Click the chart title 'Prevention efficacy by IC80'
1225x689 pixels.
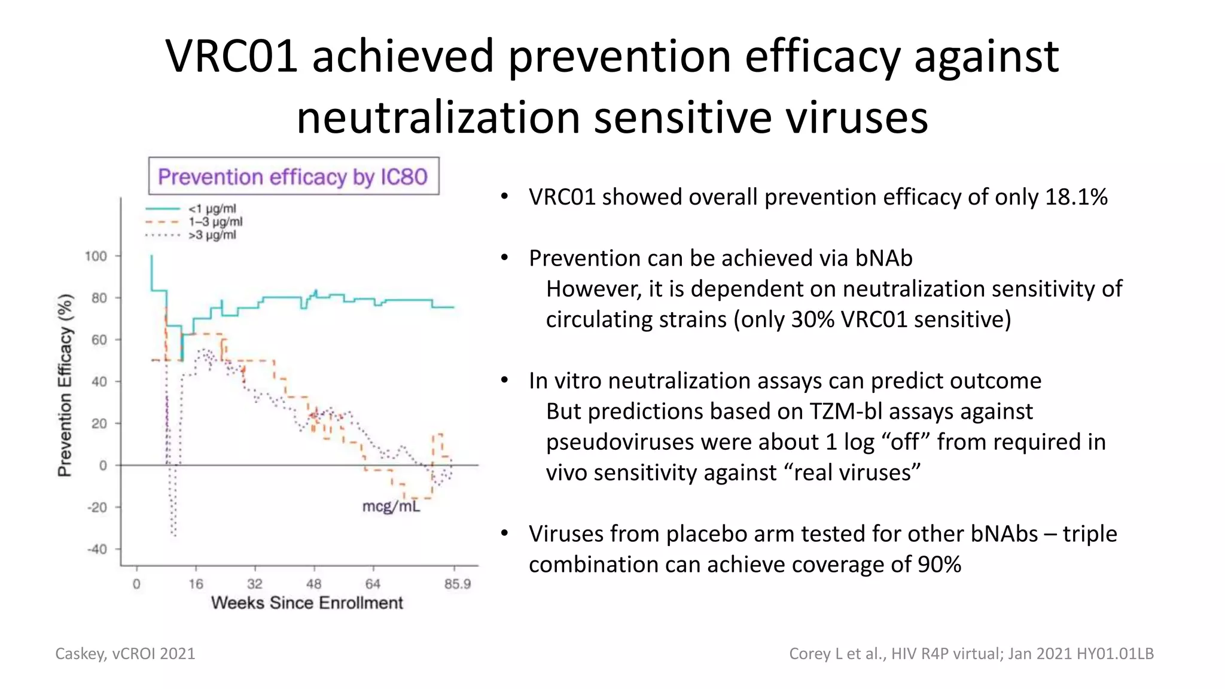click(293, 177)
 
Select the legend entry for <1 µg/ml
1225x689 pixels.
click(212, 209)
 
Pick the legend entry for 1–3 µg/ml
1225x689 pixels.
click(215, 222)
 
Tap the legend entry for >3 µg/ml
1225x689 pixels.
click(212, 235)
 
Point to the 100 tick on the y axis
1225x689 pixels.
click(96, 256)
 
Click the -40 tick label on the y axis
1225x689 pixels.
click(97, 549)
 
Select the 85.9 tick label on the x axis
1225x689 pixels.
click(458, 584)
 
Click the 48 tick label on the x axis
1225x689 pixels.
click(314, 584)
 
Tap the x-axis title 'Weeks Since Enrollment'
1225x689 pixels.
click(307, 603)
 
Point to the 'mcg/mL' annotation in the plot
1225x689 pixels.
click(391, 507)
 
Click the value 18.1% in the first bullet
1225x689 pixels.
click(1076, 197)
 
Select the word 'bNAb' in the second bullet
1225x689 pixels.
click(883, 258)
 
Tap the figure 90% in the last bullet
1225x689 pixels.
click(939, 565)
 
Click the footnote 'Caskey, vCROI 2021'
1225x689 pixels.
click(125, 654)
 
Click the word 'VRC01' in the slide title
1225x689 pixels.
click(231, 57)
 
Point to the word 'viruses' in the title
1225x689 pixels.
click(857, 118)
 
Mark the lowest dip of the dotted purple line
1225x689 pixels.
click(174, 535)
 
